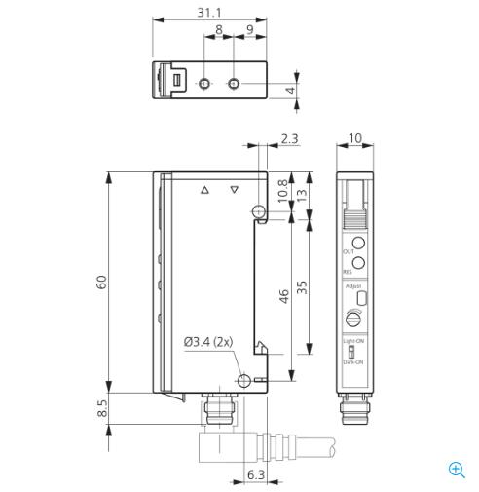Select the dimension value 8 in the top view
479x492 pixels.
(218, 30)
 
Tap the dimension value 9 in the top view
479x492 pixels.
(251, 30)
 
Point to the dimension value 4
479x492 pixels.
(289, 91)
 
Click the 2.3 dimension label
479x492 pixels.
(289, 139)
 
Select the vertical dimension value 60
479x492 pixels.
(100, 282)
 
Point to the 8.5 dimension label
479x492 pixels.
(100, 408)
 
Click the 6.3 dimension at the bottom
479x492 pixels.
(255, 475)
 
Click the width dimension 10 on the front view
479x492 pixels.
(355, 139)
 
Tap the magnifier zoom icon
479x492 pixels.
(457, 470)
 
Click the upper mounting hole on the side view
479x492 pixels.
(257, 211)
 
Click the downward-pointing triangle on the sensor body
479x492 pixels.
(234, 191)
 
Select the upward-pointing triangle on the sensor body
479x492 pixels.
(203, 191)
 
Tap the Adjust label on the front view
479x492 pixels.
(352, 286)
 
